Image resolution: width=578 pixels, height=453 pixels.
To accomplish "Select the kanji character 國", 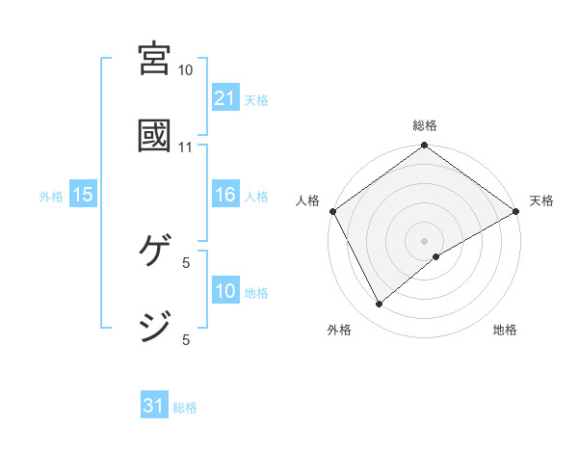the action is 155,135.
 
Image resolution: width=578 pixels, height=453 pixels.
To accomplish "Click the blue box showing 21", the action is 224,97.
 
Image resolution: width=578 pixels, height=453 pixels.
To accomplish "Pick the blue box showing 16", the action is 224,195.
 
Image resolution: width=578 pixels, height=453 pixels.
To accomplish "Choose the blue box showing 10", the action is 224,291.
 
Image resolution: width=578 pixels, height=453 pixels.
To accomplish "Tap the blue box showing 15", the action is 83,195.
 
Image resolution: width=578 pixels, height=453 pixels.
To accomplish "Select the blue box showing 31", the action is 154,406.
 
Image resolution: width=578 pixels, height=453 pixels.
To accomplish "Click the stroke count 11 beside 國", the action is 186,147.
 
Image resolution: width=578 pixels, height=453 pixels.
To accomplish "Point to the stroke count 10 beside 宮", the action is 186,70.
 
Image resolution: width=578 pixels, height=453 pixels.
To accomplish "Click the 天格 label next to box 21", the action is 256,99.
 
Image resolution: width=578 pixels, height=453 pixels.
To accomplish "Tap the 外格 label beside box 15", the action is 51,196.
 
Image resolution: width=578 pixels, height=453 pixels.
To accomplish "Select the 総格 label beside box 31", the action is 185,408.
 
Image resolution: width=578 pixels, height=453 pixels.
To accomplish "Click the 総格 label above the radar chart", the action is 425,125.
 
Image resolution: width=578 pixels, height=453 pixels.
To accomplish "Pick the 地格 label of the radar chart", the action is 505,330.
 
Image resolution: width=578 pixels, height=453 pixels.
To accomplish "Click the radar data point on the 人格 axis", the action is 332,211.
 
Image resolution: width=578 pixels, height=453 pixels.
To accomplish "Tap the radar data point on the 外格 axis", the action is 380,304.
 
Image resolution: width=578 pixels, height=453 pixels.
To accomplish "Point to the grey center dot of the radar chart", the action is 425,240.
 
